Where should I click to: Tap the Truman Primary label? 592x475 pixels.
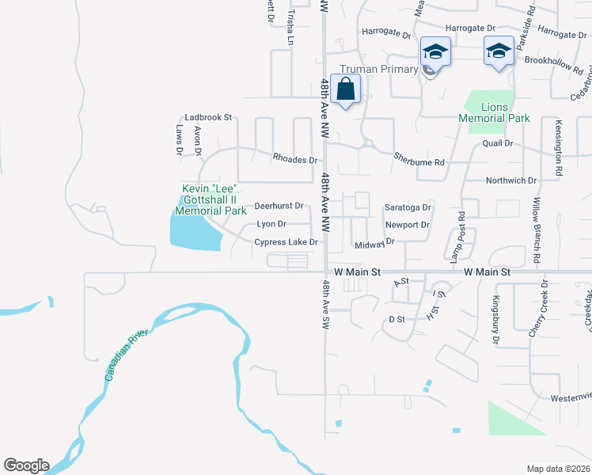pyautogui.click(x=378, y=70)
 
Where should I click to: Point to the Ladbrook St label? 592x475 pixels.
pyautogui.click(x=208, y=117)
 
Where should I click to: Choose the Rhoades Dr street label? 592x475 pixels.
pyautogui.click(x=295, y=159)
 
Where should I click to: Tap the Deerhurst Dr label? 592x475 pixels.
pyautogui.click(x=279, y=206)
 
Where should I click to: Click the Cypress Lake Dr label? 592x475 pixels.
pyautogui.click(x=286, y=242)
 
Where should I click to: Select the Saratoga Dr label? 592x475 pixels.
pyautogui.click(x=408, y=207)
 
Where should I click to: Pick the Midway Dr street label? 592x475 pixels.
pyautogui.click(x=374, y=245)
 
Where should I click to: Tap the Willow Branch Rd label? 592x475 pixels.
pyautogui.click(x=536, y=230)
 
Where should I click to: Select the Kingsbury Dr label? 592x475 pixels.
pyautogui.click(x=496, y=320)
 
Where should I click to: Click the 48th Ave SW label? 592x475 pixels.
pyautogui.click(x=326, y=302)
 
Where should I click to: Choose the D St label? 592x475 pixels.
pyautogui.click(x=397, y=319)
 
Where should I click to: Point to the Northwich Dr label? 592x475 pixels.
pyautogui.click(x=510, y=180)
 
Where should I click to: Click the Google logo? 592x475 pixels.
pyautogui.click(x=26, y=465)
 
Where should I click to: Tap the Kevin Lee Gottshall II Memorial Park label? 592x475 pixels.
pyautogui.click(x=211, y=199)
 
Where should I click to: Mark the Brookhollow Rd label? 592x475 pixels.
pyautogui.click(x=548, y=60)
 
